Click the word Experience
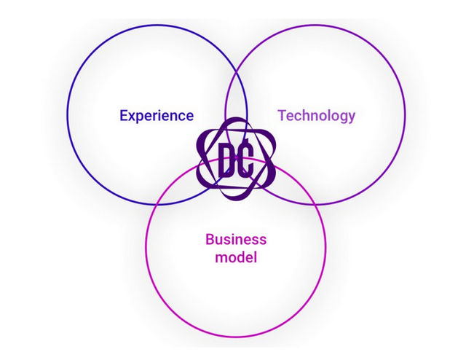(x=157, y=116)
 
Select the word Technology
(x=316, y=116)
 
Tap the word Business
(x=236, y=240)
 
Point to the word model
(x=236, y=257)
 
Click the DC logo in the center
(x=236, y=159)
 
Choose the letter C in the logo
(x=246, y=158)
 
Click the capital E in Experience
(x=124, y=115)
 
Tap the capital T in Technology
(x=282, y=115)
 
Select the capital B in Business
(x=210, y=240)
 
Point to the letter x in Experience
(x=133, y=117)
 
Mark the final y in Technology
(x=351, y=118)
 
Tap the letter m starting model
(x=221, y=259)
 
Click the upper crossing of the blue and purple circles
(x=236, y=71)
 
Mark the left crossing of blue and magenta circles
(x=157, y=204)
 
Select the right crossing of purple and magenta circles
(x=315, y=204)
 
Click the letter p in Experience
(x=141, y=118)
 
